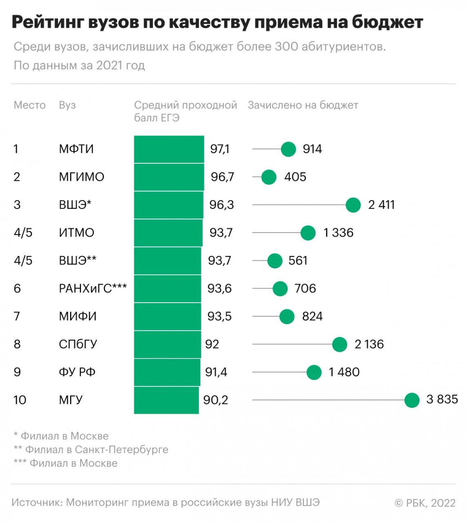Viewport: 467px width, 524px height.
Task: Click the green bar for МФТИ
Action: point(169,149)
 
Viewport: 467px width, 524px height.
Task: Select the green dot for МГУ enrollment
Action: point(412,400)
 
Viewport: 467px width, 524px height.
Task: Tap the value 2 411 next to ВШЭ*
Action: point(381,205)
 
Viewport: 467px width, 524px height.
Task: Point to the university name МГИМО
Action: point(81,177)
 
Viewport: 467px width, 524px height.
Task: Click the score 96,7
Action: point(222,177)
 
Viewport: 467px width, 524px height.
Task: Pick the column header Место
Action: point(29,105)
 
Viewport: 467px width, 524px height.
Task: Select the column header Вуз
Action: point(67,105)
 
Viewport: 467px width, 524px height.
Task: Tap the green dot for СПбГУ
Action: point(339,344)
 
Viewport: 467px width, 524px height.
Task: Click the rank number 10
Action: point(20,400)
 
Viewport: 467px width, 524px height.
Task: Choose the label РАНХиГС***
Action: point(93,289)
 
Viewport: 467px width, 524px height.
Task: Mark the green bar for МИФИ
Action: point(168,316)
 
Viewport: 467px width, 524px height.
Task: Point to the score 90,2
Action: point(216,400)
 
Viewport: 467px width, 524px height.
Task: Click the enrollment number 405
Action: point(295,177)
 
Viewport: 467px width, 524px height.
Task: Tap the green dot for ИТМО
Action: point(308,233)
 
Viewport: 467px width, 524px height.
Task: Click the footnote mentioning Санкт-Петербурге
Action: point(91,449)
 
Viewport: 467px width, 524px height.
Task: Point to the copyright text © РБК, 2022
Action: point(425,503)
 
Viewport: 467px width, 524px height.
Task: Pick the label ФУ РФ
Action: point(77,372)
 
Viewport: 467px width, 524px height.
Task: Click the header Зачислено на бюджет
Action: point(303,105)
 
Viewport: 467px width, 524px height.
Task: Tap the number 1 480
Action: point(344,372)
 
